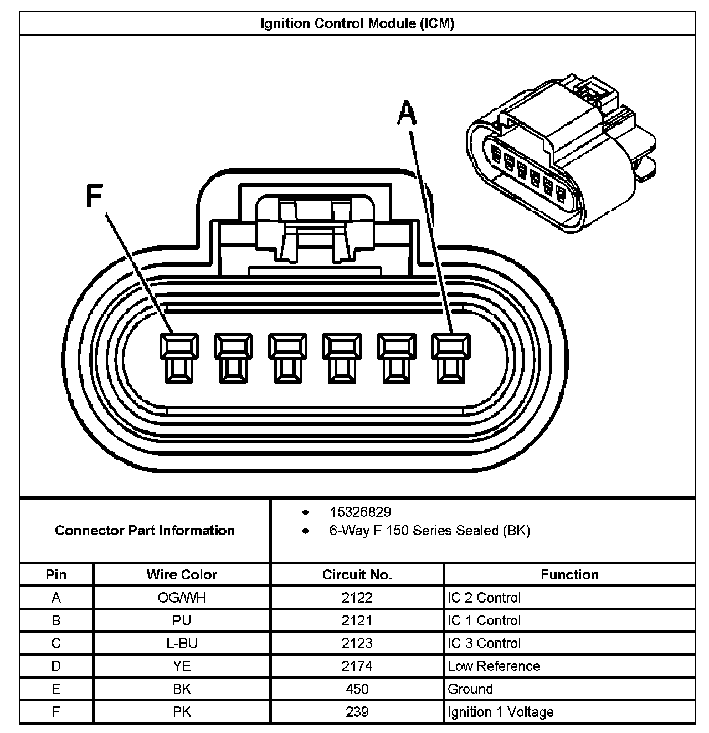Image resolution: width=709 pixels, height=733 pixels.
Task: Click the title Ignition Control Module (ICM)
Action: coord(357,24)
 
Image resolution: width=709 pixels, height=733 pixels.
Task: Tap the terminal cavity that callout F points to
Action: coord(178,358)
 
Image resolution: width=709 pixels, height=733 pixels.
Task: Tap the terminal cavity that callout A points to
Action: coord(451,358)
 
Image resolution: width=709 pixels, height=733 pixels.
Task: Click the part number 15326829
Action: coord(360,512)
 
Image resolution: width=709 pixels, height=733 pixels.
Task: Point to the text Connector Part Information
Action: coord(145,530)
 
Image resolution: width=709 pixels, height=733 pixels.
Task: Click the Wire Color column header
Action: coord(182,574)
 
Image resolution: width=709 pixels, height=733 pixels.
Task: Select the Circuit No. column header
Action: coord(357,574)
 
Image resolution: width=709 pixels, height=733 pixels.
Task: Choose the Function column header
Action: coord(569,574)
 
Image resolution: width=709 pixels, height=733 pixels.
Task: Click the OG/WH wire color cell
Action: coord(182,598)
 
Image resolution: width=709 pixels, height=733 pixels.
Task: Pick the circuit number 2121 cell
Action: coord(357,620)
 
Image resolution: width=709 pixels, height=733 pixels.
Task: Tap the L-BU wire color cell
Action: coord(182,643)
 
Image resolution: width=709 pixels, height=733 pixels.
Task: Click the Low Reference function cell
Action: coord(494,666)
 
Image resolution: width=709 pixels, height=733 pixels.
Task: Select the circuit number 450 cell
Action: coord(357,689)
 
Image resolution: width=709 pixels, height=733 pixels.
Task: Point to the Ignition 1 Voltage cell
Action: coord(500,712)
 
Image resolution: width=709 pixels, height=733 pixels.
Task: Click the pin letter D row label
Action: coord(56,666)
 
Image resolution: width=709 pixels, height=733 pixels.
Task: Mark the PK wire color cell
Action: coord(182,712)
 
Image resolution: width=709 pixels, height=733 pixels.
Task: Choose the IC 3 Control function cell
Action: coord(484,643)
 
